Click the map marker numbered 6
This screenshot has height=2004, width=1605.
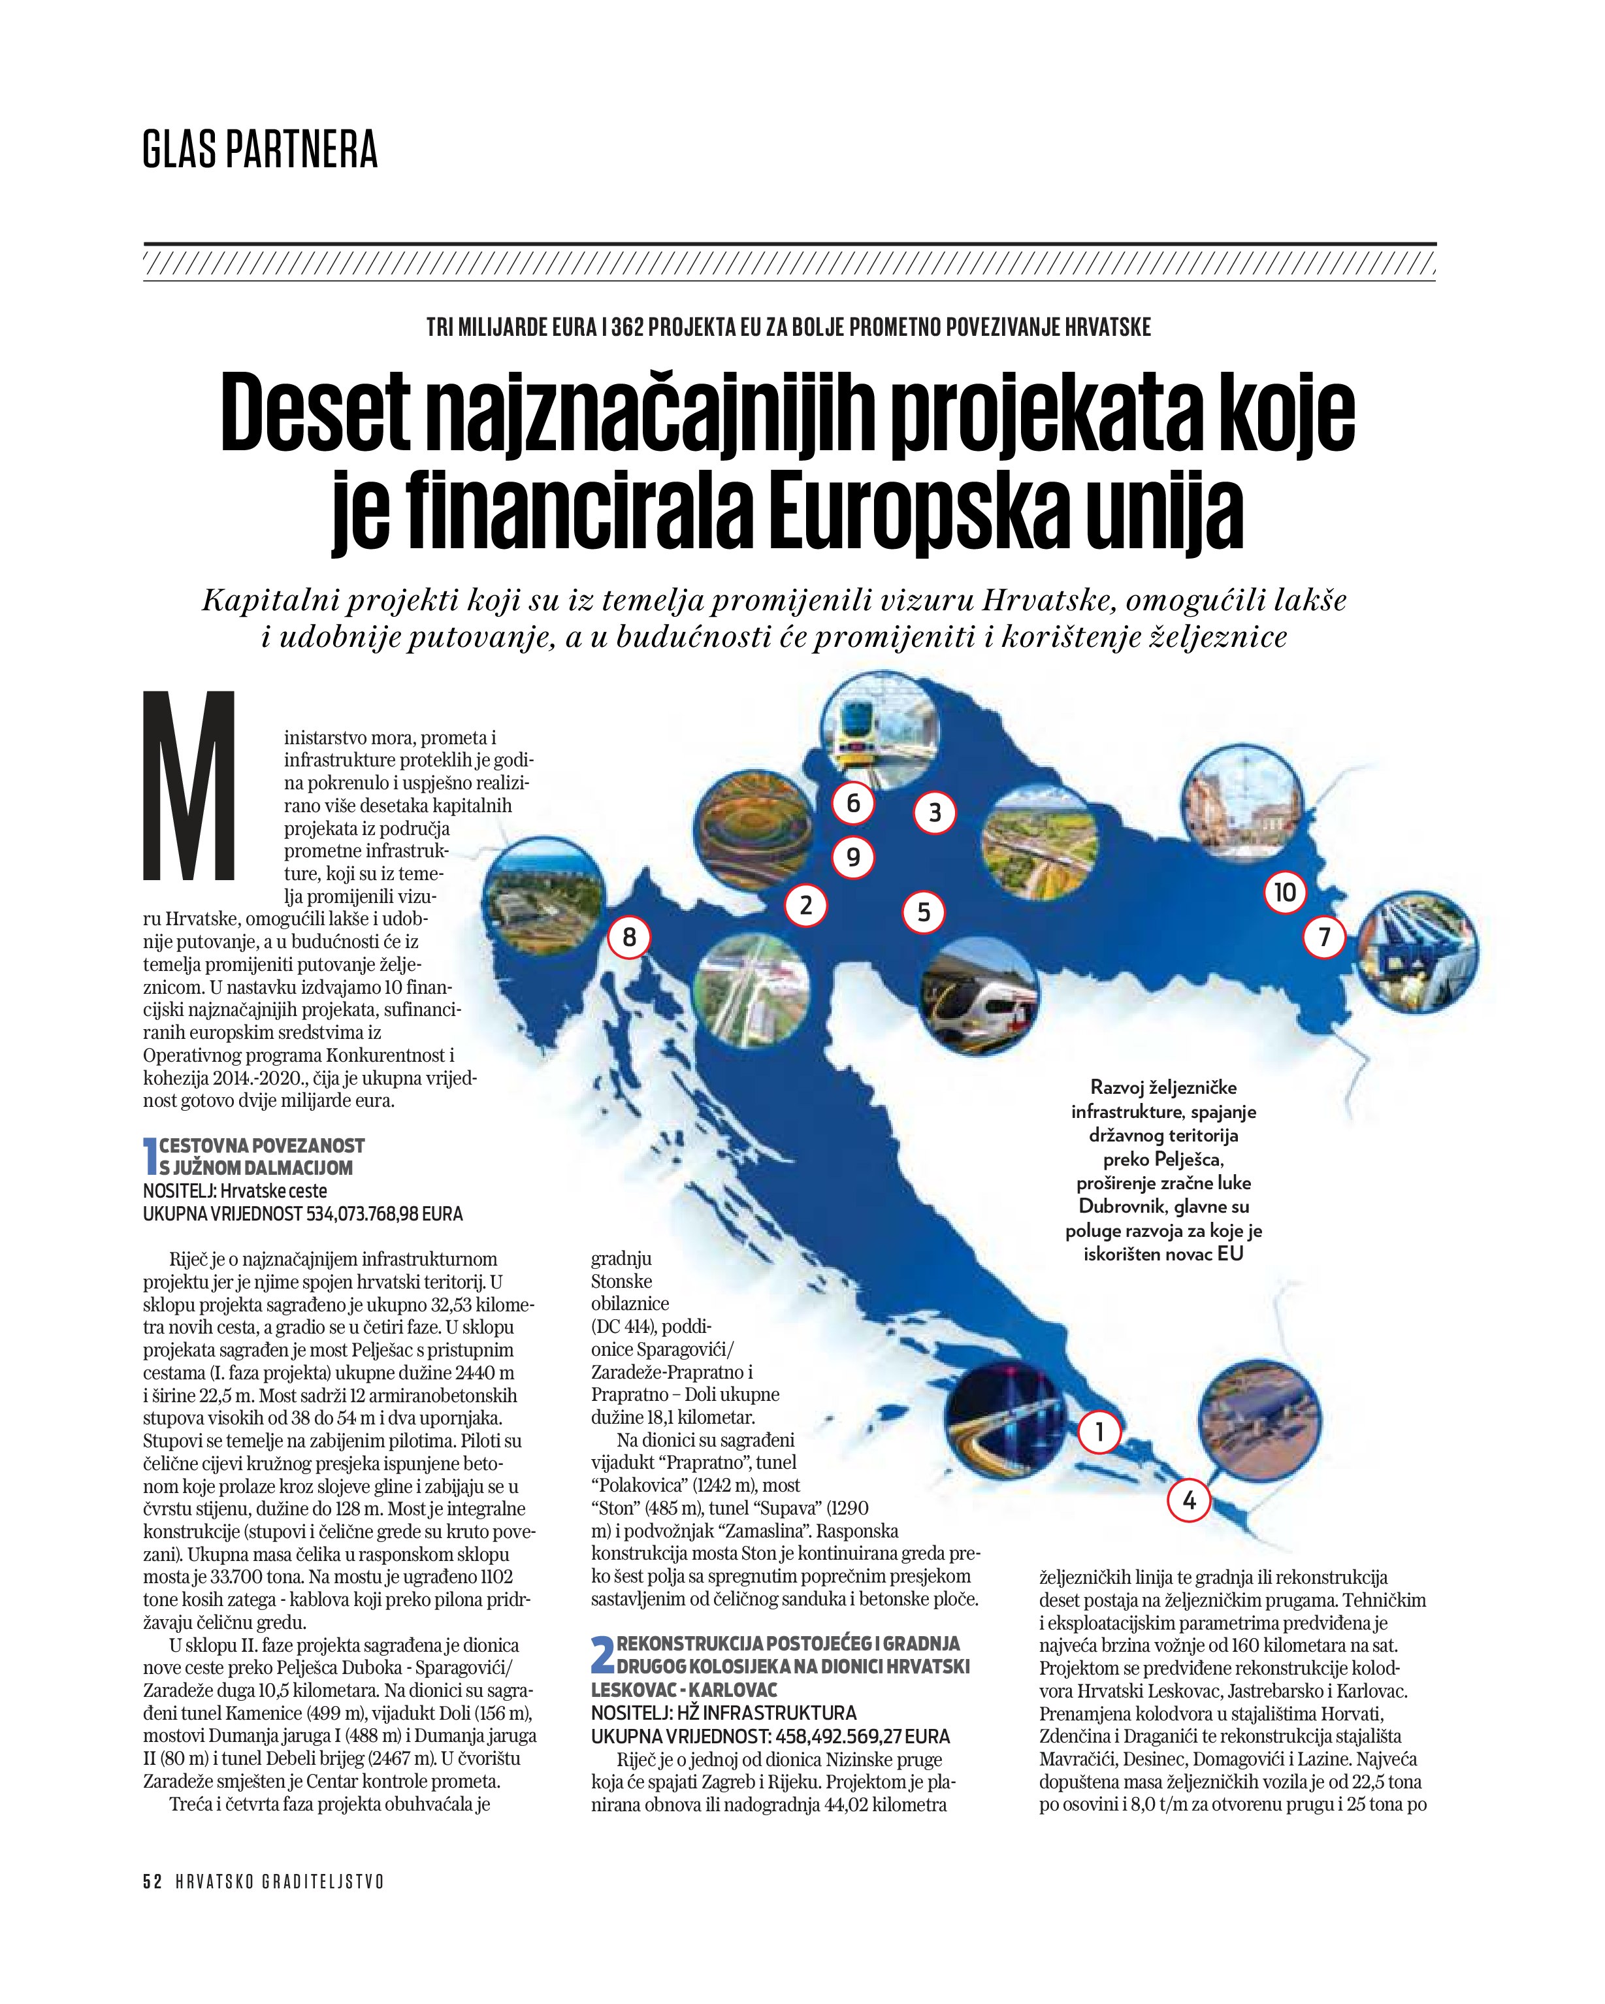click(852, 803)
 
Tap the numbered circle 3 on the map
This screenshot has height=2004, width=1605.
click(935, 813)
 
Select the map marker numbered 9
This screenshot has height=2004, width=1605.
click(852, 857)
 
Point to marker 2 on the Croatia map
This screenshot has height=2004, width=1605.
click(805, 904)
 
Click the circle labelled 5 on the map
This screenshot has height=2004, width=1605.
click(924, 912)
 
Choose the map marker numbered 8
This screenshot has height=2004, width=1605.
click(629, 937)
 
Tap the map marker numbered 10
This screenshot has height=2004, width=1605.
click(1284, 893)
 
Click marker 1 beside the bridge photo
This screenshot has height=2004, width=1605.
click(1099, 1432)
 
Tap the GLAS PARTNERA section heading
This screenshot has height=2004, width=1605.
click(260, 150)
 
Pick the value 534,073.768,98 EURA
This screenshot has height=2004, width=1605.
click(385, 1214)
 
